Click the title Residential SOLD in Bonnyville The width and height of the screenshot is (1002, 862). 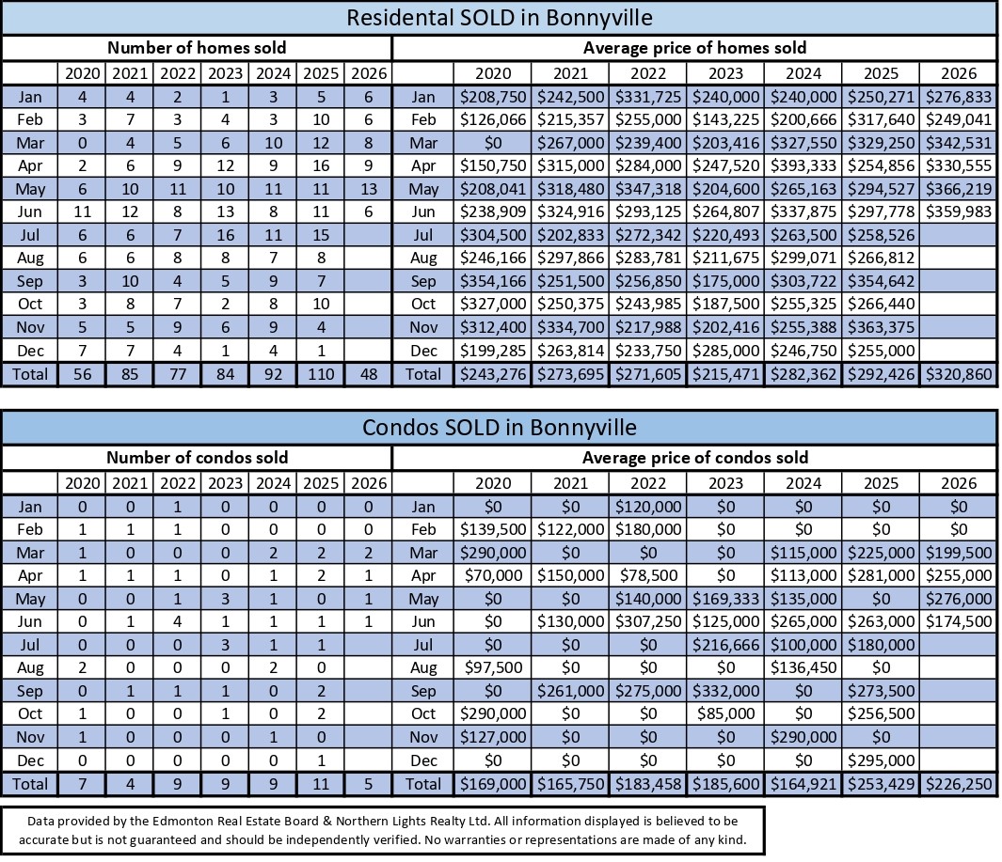tap(499, 17)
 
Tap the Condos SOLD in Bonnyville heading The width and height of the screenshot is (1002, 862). tap(499, 427)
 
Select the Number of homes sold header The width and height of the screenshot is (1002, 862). tap(197, 48)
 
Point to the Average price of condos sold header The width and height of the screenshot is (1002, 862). tap(694, 458)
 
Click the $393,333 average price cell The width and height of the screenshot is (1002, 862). tap(803, 166)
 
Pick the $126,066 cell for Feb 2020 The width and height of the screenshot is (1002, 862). tap(493, 120)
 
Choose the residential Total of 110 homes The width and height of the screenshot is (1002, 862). tap(321, 374)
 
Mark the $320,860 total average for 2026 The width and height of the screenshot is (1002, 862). tap(959, 374)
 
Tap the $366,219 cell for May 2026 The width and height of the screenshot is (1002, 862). tap(959, 189)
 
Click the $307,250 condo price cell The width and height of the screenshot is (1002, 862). tap(648, 622)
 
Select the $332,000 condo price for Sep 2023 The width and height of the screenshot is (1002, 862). tap(726, 691)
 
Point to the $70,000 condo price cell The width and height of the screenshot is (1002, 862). tap(493, 576)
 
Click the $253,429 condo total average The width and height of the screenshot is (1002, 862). tap(882, 784)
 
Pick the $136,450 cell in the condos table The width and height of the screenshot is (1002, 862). tap(803, 668)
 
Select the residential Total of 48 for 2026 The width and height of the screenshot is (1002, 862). tap(369, 374)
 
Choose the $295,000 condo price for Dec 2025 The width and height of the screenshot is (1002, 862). tap(882, 760)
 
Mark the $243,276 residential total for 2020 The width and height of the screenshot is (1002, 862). tap(493, 374)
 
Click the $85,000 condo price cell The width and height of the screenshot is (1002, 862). tap(726, 713)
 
